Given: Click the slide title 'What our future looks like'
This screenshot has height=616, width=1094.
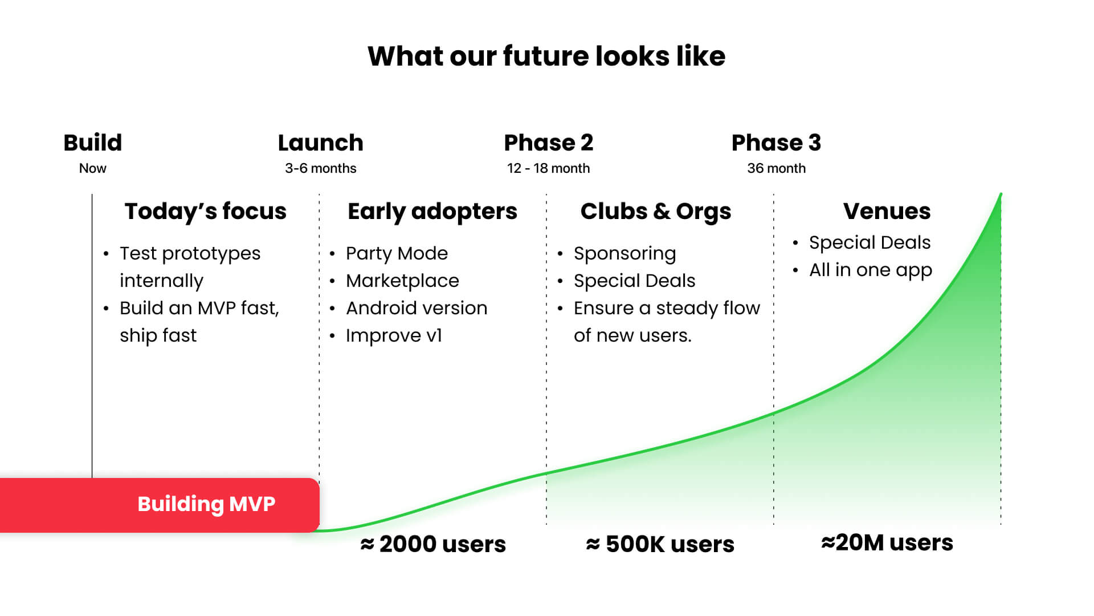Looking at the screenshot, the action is tap(546, 56).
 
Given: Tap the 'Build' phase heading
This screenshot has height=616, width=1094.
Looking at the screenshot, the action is tap(93, 143).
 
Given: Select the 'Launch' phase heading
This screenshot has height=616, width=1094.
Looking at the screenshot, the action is tap(320, 143).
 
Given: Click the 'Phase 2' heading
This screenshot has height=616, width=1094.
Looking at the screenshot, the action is tap(549, 143).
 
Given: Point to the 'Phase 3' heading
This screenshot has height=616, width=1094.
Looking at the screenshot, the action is tap(776, 143).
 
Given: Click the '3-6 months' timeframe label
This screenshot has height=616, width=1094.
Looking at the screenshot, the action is tap(321, 168).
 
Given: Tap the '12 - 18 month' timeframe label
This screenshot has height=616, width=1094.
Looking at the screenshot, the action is tap(548, 168).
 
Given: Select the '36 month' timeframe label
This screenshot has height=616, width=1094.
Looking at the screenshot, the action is tap(776, 168).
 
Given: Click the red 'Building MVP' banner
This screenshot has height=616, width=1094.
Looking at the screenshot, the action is tap(160, 505).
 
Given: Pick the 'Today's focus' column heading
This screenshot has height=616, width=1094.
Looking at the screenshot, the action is tap(206, 211).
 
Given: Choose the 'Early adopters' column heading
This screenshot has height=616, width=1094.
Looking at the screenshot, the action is tap(432, 212).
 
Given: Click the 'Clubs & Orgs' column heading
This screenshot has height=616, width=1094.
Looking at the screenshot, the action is tap(656, 212).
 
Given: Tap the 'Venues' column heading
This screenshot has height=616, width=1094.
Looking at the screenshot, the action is tap(887, 211).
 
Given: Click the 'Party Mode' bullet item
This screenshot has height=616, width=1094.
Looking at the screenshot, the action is tap(397, 253).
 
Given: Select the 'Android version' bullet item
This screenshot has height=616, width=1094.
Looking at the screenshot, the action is tap(417, 308).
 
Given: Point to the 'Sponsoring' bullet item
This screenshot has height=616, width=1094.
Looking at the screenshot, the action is tap(624, 253).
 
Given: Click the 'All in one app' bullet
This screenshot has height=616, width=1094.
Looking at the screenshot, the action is tap(871, 270).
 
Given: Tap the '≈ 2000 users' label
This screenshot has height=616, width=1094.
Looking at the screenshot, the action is tap(433, 544).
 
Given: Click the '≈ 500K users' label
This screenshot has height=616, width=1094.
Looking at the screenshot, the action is tap(660, 544).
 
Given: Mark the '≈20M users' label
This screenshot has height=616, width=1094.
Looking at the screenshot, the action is tap(887, 542).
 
